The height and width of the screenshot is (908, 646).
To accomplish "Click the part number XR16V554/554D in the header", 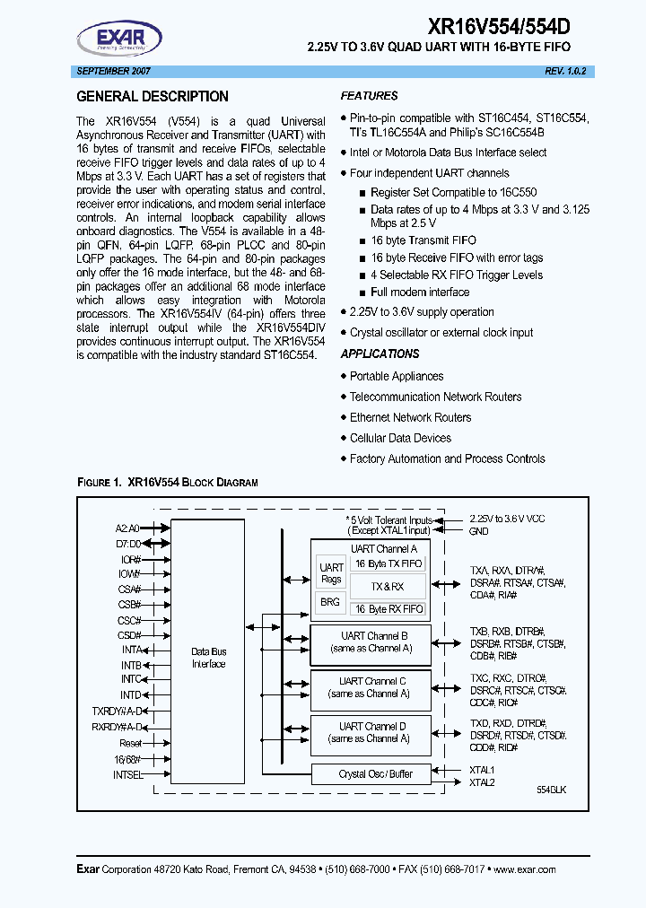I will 506,27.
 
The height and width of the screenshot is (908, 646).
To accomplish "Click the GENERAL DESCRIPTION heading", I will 153,97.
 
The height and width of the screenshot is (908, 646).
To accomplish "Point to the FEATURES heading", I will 369,96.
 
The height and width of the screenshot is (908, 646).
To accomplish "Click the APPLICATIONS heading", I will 380,354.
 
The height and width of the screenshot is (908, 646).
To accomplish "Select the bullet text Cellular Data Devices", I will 400,438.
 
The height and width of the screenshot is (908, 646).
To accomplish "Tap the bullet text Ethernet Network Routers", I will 410,417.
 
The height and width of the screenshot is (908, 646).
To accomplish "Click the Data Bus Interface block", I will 208,658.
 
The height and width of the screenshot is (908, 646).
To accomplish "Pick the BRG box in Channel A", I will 330,602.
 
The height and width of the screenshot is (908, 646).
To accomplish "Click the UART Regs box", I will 331,572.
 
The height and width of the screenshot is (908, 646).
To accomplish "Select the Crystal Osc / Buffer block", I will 371,774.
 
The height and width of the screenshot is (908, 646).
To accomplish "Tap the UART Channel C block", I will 371,687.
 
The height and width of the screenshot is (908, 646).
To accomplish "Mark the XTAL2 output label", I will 482,782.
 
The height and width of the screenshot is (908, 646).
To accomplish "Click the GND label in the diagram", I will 478,531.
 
